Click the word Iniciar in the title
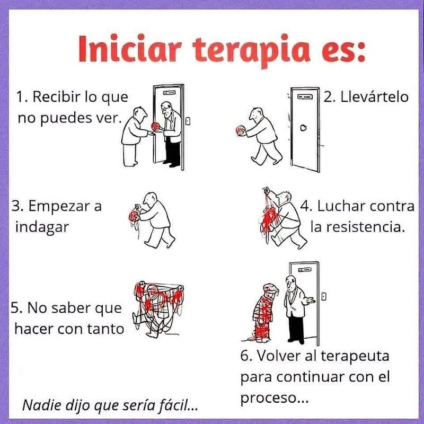130,48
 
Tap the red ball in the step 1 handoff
155,126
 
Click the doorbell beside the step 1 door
188,121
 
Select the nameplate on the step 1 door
169,93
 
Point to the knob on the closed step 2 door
304,128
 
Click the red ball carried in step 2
240,130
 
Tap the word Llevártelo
374,97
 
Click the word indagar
42,227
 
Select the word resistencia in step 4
358,227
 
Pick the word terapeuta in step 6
355,356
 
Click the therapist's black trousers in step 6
296,329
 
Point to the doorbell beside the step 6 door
324,296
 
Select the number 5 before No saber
15,308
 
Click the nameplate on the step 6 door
304,270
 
